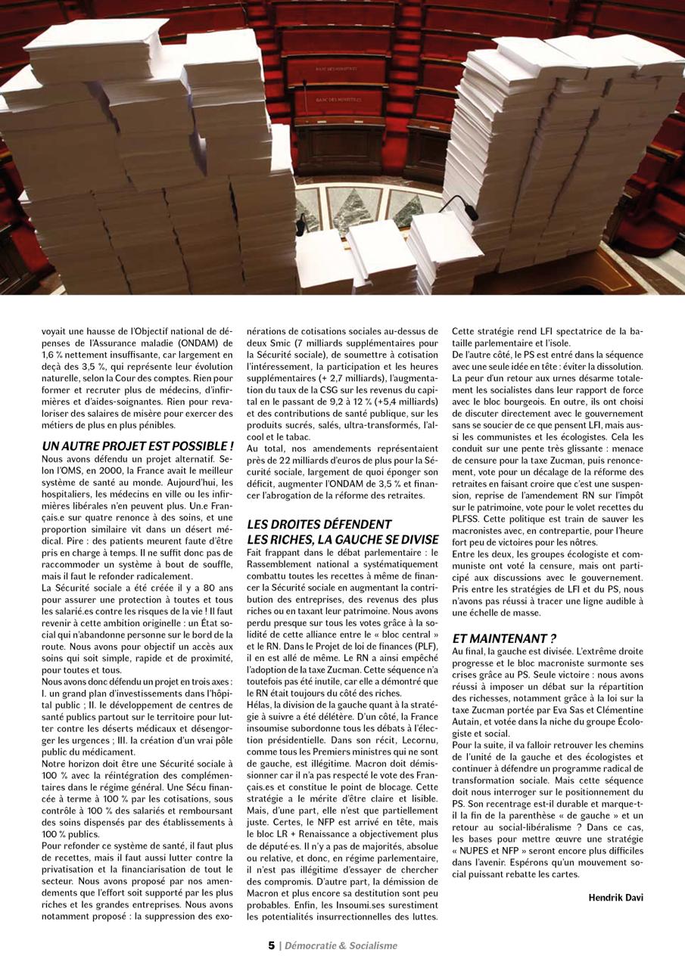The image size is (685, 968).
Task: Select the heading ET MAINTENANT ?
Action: click(504, 638)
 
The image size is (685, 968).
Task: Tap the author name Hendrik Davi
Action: click(616, 898)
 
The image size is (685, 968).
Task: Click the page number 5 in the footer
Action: click(272, 945)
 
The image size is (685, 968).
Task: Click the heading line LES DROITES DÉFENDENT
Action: click(319, 524)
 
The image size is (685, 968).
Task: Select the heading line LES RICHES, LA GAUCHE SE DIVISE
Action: click(343, 539)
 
